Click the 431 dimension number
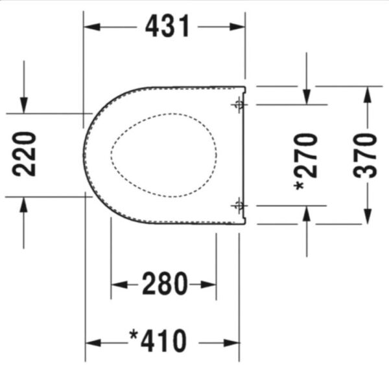click(168, 26)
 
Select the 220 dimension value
click(24, 154)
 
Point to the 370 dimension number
click(365, 155)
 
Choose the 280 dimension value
click(165, 284)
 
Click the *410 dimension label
click(158, 340)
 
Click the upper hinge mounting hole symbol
click(239, 105)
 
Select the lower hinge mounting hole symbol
click(239, 205)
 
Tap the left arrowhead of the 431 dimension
click(92, 27)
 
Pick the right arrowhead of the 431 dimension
click(237, 27)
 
